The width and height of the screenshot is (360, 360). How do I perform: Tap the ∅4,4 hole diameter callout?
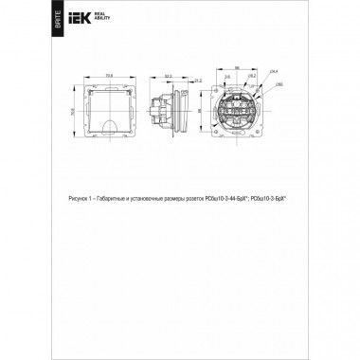tap(274, 73)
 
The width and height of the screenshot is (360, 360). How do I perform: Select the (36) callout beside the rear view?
tap(279, 84)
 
